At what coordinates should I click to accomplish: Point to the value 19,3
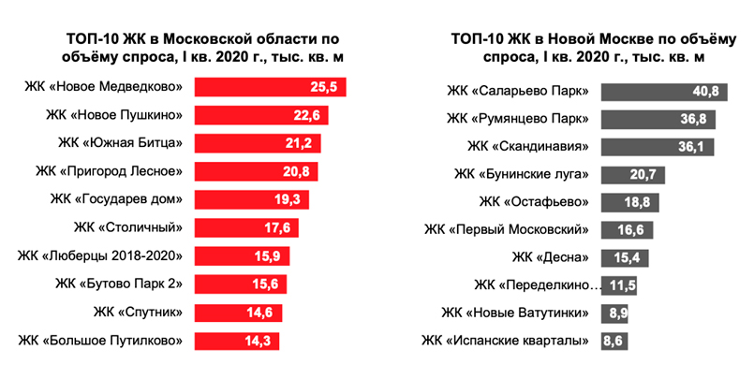[x=292, y=200]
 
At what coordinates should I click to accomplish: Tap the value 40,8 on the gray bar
[x=704, y=91]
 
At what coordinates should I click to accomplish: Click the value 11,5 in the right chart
[x=624, y=285]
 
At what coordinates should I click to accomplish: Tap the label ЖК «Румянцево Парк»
[x=517, y=119]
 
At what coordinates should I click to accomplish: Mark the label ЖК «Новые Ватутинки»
[x=518, y=313]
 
